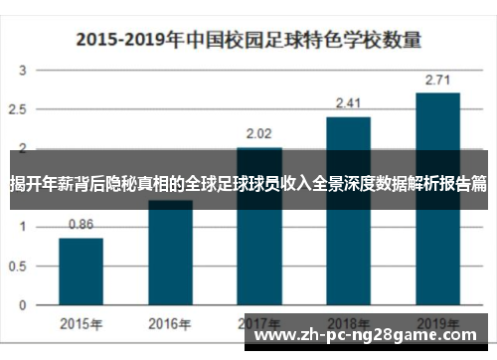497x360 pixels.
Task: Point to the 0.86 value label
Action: (x=81, y=225)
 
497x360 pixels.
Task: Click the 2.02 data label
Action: (x=258, y=132)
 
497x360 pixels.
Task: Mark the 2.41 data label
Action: (x=348, y=102)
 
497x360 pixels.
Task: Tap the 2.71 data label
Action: (x=437, y=79)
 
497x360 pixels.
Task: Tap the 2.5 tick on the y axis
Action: (x=20, y=109)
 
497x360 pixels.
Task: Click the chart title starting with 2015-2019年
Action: (x=249, y=41)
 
